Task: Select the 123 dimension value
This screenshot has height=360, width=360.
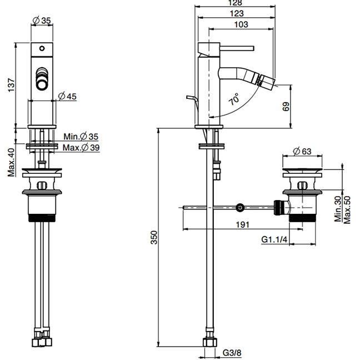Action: coord(237,13)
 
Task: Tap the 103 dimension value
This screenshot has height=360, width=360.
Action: coord(241,25)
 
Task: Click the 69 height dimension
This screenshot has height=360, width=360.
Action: coord(286,107)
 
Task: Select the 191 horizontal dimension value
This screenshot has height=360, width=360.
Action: coord(242,224)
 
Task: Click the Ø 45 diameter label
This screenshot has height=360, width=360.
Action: coord(67,96)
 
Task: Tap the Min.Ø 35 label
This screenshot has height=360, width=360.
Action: coord(81,137)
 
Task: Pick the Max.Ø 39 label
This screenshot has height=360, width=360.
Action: coord(81,147)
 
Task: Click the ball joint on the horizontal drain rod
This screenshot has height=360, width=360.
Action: coord(239,208)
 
